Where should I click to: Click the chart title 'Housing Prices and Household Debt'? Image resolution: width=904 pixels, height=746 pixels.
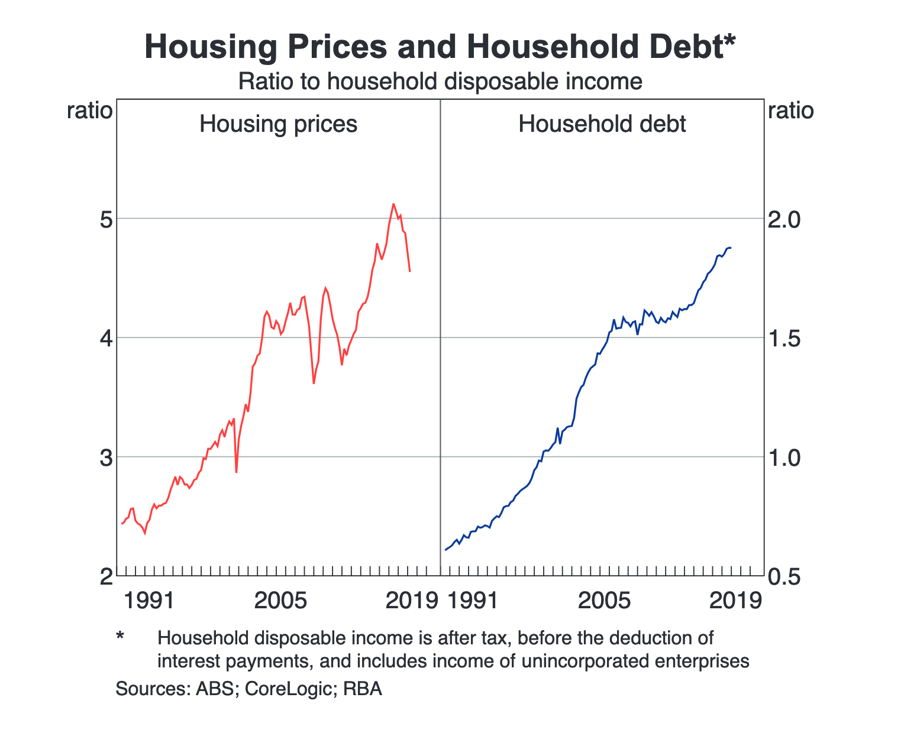click(440, 47)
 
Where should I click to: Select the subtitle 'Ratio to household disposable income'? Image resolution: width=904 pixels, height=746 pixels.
click(440, 82)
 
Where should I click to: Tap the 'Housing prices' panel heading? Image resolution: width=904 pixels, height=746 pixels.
click(278, 124)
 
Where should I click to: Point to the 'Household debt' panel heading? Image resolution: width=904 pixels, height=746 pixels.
click(602, 124)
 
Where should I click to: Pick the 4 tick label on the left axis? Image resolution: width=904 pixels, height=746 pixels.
click(106, 339)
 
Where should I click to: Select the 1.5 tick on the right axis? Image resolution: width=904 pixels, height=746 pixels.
click(783, 339)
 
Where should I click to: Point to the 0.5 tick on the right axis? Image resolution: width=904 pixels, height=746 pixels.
click(783, 577)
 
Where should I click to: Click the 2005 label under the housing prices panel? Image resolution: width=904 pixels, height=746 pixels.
click(280, 601)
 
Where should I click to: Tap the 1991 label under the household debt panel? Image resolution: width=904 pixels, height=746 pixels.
click(472, 601)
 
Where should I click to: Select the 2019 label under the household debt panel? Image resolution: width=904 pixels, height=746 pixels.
click(735, 601)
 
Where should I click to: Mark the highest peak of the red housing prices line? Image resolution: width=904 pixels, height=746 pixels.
click(393, 205)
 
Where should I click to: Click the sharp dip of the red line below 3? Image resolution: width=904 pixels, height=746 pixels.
click(236, 472)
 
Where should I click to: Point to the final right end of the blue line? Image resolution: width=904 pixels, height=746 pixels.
click(731, 248)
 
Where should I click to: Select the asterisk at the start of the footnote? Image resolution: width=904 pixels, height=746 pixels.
click(120, 637)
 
